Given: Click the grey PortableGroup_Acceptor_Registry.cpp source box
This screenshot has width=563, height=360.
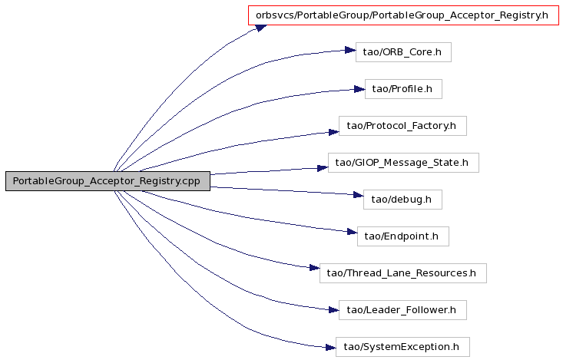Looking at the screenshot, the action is pos(108,181).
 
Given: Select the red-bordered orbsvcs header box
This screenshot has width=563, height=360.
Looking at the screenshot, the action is pos(403,15).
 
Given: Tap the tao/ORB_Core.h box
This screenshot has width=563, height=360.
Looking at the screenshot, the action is pos(403,52).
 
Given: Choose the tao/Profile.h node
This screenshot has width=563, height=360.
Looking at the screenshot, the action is pos(403,89).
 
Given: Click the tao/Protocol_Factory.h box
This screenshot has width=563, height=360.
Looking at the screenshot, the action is pos(402,126).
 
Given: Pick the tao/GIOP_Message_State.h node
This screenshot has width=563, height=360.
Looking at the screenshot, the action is pos(403,163).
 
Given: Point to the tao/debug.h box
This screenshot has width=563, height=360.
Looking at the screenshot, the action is pos(402,200).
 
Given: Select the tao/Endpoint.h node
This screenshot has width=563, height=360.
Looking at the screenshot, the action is pos(403,236).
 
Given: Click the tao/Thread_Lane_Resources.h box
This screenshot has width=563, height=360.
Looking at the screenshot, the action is pos(403,273).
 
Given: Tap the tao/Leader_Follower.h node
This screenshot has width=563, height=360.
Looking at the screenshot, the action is pos(402,310).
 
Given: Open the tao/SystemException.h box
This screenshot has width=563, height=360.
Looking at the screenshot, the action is pos(402,347).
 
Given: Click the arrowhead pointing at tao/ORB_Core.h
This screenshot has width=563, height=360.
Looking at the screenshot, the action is pos(350,50).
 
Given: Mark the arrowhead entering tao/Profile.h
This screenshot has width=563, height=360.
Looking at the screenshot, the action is pos(359,89).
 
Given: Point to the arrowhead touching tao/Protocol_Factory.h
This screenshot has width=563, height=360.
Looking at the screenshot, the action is pos(333,132).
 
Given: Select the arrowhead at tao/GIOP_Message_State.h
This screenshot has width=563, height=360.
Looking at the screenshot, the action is pos(323,168).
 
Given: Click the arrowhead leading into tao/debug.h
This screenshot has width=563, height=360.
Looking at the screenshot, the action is pos(359,195).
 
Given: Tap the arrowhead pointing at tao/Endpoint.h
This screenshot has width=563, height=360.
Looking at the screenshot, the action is pos(352,233).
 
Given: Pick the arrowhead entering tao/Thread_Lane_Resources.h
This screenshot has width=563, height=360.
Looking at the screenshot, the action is pos(315,268).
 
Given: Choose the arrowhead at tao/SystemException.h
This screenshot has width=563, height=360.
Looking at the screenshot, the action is pos(331,347).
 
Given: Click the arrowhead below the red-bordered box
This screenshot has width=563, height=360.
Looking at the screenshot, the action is pos(261,28).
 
